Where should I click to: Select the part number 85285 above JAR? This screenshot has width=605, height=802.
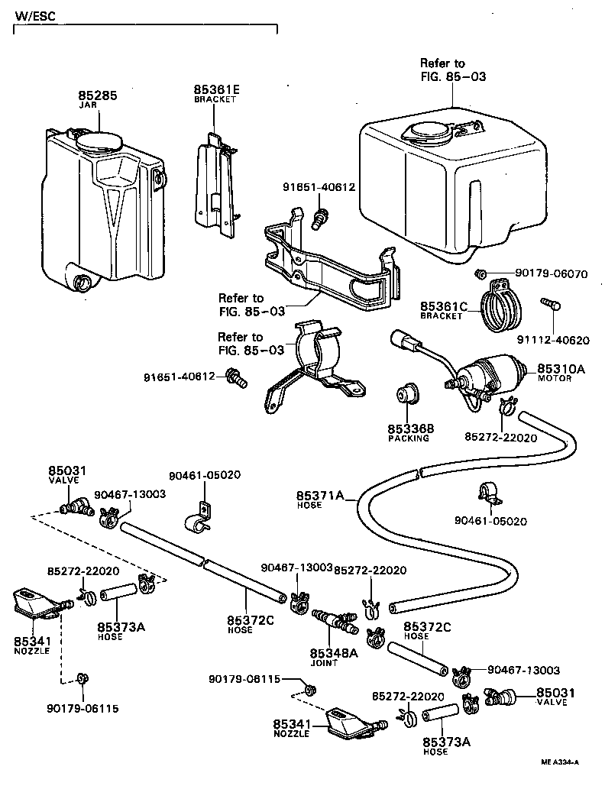pyautogui.click(x=97, y=96)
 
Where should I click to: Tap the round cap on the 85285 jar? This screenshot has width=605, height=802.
pyautogui.click(x=100, y=141)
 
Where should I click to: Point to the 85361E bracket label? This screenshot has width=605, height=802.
pyautogui.click(x=216, y=90)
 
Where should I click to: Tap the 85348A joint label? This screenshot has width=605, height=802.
pyautogui.click(x=333, y=653)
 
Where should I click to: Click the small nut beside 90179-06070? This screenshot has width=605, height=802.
pyautogui.click(x=481, y=273)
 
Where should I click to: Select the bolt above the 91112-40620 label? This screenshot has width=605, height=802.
pyautogui.click(x=551, y=305)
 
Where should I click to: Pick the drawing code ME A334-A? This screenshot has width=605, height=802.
pyautogui.click(x=560, y=762)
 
